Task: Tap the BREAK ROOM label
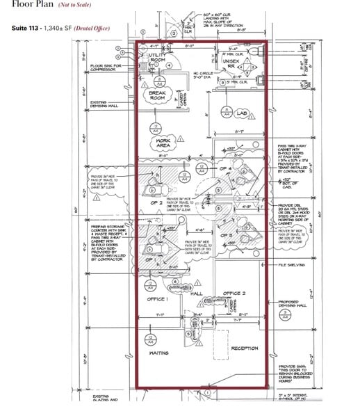[x=156, y=95]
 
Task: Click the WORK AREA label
[x=163, y=143]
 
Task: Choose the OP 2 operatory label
[x=156, y=203]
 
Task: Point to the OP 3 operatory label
[x=226, y=235]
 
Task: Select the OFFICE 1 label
[x=157, y=298]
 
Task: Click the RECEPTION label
[x=245, y=348]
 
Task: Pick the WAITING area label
[x=159, y=353]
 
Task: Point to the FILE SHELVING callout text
[x=293, y=264]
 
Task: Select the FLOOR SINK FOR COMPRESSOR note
[x=104, y=67]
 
